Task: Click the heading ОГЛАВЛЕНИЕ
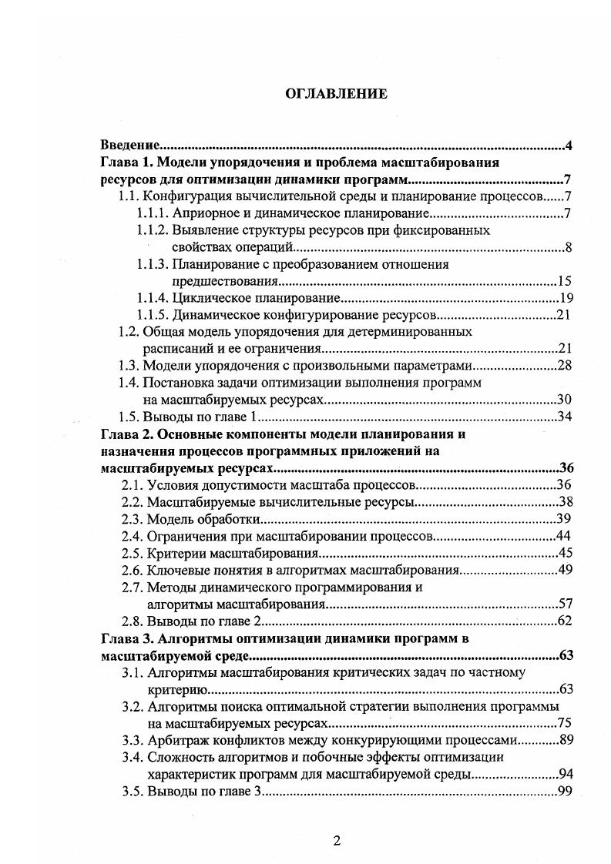click(x=336, y=95)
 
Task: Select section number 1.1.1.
click(x=153, y=213)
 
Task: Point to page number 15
click(x=562, y=281)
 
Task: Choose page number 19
click(x=562, y=298)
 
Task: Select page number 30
click(x=562, y=400)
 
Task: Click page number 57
click(x=562, y=604)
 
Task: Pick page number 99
click(x=562, y=791)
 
